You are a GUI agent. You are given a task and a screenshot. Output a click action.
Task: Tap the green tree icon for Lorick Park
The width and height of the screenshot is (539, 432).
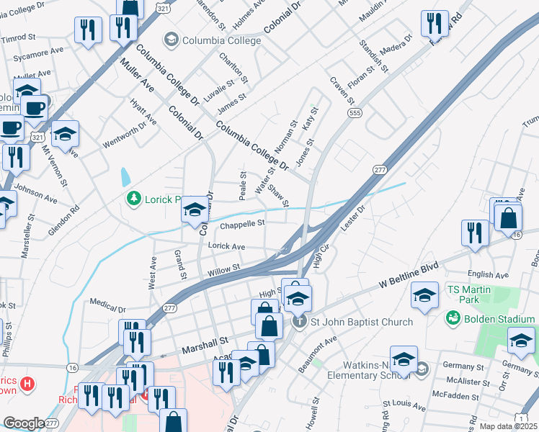point(133,197)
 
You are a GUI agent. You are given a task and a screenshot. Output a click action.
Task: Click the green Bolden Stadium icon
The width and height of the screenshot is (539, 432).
point(453,318)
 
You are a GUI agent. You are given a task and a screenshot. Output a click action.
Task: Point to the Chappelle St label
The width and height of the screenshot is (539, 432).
point(243,224)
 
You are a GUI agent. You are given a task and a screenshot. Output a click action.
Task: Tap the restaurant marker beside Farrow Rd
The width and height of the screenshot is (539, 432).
point(435,25)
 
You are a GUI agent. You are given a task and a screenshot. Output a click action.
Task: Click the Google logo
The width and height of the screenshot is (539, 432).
point(24,423)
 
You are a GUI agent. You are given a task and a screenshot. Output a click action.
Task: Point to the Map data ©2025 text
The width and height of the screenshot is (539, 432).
point(507,426)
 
